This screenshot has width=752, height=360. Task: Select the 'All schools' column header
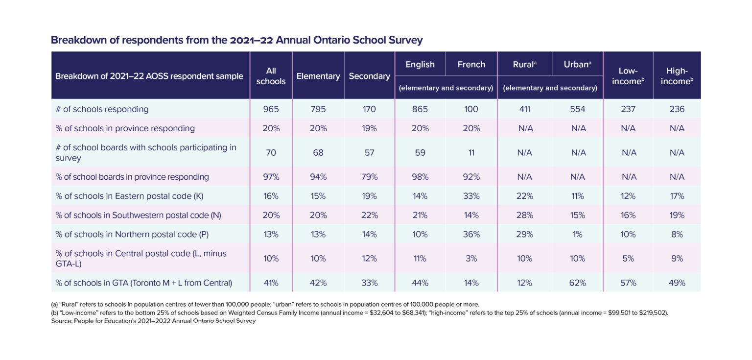271,76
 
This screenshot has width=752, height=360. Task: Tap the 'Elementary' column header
318,76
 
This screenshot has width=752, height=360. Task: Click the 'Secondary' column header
369,76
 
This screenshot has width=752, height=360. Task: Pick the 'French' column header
471,64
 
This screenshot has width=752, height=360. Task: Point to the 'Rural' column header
524,64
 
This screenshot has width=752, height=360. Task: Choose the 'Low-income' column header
628,76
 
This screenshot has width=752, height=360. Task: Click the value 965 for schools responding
271,109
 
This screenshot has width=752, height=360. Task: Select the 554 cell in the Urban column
577,109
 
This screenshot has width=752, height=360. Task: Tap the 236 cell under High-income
677,109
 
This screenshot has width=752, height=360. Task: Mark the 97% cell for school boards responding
271,177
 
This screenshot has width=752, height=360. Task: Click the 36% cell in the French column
471,234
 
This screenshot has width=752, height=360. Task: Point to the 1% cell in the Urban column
577,234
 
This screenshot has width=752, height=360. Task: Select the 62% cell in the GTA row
577,283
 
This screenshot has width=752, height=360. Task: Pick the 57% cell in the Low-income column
628,283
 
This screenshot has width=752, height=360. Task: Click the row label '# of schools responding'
102,109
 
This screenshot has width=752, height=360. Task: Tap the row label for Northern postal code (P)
132,234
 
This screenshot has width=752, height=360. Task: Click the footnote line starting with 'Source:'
153,321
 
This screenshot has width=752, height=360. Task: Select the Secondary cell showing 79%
369,177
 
